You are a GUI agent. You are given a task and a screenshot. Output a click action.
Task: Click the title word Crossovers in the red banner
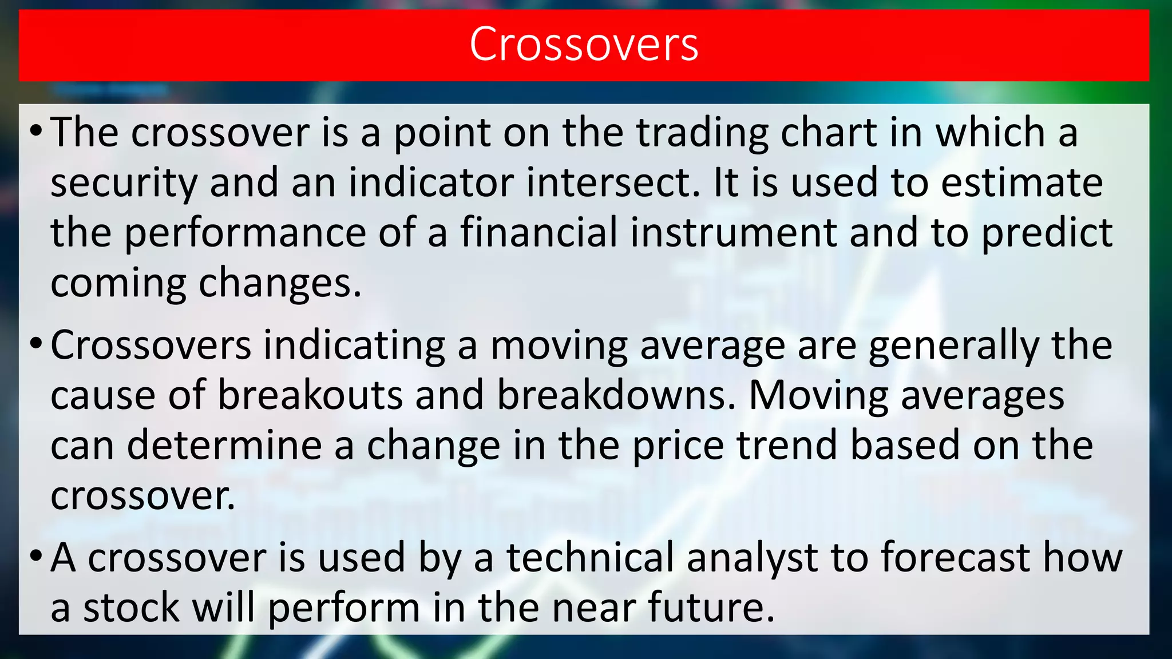pyautogui.click(x=584, y=45)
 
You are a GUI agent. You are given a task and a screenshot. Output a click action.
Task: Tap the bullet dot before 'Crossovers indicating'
pyautogui.click(x=36, y=346)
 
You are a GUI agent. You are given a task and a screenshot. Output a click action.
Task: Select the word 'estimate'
pyautogui.click(x=1022, y=183)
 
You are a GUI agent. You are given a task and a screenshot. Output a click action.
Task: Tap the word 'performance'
pyautogui.click(x=245, y=233)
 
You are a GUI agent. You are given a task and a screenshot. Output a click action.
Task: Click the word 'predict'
pyautogui.click(x=1047, y=233)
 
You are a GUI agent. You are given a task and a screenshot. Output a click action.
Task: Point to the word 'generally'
pyautogui.click(x=953, y=347)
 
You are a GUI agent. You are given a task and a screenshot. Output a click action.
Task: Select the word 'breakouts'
pyautogui.click(x=310, y=396)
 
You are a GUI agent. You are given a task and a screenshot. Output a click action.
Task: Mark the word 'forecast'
pyautogui.click(x=955, y=558)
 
